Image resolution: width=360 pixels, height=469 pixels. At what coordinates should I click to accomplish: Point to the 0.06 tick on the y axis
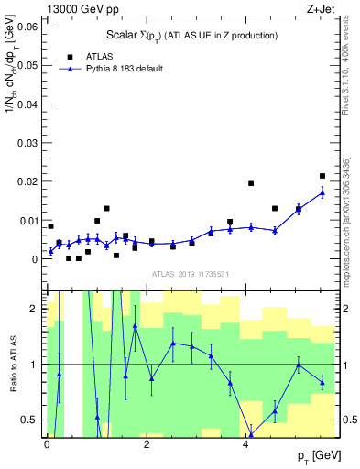tap(28, 27)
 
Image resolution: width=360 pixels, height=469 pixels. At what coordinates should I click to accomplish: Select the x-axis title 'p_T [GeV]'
tap(319, 455)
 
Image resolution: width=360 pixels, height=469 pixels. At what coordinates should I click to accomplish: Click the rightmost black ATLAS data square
tap(322, 176)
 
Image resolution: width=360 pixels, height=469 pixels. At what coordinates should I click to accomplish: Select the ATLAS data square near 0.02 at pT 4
tap(251, 183)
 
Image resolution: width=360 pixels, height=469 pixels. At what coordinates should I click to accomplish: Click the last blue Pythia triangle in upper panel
tap(322, 192)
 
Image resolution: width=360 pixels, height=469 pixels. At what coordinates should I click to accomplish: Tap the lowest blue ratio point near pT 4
tap(251, 435)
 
